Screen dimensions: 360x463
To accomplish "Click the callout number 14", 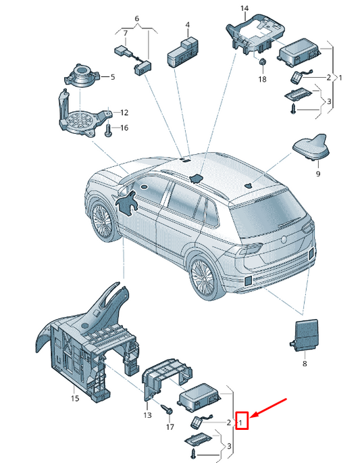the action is [x=245, y=8].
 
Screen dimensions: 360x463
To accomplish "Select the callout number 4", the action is [x=188, y=25].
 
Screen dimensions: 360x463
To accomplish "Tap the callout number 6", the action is [x=136, y=18].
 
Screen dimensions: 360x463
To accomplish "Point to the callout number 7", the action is [x=126, y=33].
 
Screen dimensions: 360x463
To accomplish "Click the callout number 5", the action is [x=112, y=77].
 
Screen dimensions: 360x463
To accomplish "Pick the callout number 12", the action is [x=124, y=112].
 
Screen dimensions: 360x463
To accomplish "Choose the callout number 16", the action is [x=124, y=128].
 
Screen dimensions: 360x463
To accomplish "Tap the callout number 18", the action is [x=262, y=79].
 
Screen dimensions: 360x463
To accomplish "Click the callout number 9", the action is [x=318, y=174].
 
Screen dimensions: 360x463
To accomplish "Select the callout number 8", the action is [x=305, y=364].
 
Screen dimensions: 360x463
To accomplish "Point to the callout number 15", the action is [x=75, y=398].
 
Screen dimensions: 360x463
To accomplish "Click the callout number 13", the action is [x=147, y=415].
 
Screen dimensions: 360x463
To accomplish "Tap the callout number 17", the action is [x=170, y=427].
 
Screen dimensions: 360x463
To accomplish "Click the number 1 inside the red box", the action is [x=241, y=422].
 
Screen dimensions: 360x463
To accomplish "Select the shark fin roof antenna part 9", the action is [x=311, y=147].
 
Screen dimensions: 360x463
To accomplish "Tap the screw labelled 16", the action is [x=107, y=130].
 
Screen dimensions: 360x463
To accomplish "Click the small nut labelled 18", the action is [x=262, y=62].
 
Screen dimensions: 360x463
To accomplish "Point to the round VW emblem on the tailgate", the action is [x=284, y=239].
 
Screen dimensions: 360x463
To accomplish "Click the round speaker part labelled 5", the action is [x=80, y=75].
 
